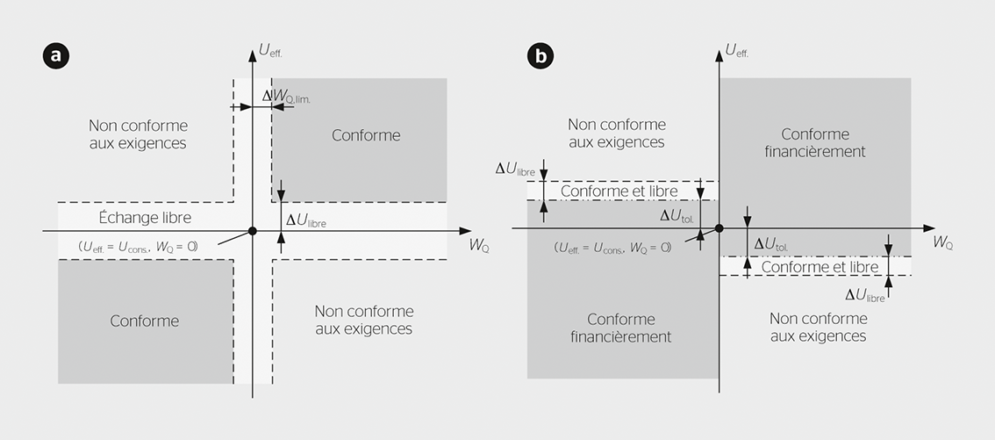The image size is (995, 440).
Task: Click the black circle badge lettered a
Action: click(x=56, y=57)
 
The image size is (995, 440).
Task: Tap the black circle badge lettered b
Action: click(x=540, y=57)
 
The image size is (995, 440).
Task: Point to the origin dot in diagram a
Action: click(x=253, y=231)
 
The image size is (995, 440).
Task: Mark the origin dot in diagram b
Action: click(x=719, y=228)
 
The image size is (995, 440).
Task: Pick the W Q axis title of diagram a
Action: click(x=479, y=245)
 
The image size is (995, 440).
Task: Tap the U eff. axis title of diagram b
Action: click(x=737, y=51)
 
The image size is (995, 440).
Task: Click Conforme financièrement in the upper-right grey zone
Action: click(x=815, y=142)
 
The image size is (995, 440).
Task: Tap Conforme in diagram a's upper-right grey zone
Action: click(x=366, y=135)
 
